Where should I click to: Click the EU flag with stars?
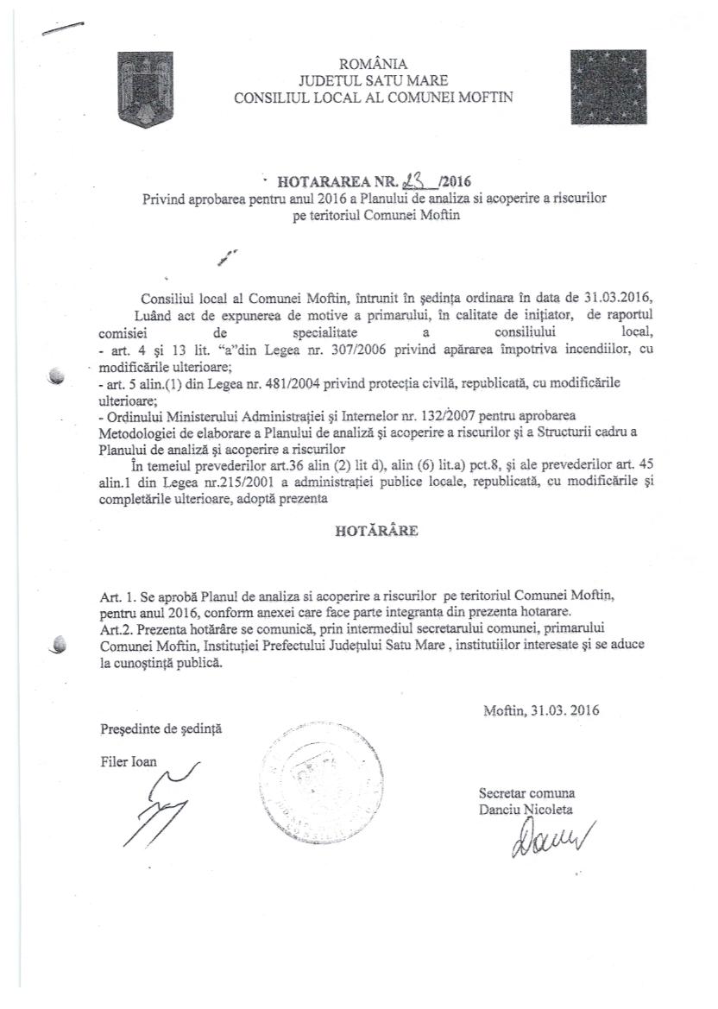point(608,86)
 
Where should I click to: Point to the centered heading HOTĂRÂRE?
point(376,532)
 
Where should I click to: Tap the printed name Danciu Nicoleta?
point(526,809)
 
